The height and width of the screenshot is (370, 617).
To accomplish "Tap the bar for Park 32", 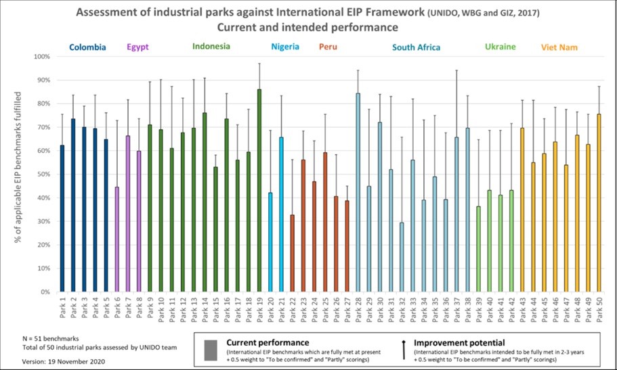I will [402, 257].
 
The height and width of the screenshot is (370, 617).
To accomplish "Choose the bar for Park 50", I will [598, 203].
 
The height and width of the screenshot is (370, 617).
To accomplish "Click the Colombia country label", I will [88, 47].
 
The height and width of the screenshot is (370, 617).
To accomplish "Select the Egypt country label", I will [137, 47].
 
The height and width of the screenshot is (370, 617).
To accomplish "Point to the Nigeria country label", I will [285, 47].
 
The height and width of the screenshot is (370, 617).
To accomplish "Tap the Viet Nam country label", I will [559, 47].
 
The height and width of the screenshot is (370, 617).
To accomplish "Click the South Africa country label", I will [417, 47].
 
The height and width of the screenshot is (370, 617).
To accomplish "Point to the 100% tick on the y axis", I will [41, 57].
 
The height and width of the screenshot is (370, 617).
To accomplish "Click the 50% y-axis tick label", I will [43, 175].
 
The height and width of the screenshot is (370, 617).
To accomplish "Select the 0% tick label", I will [45, 292].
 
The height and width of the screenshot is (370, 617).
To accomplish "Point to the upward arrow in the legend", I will [404, 348].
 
